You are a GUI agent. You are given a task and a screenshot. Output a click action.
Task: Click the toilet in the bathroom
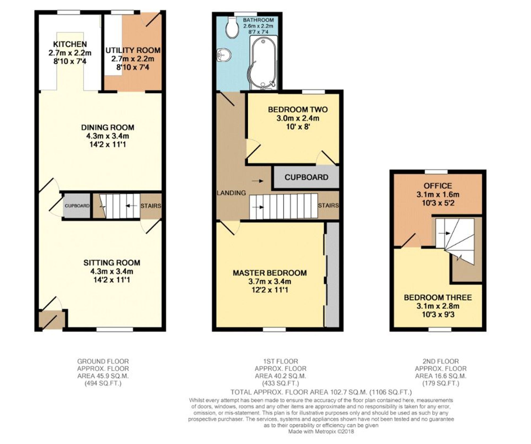coord(232,29)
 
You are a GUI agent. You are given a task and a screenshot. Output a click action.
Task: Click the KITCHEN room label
coord(70,44)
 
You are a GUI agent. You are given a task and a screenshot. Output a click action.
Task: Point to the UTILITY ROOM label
coord(133,50)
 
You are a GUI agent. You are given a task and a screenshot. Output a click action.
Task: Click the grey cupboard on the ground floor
coord(77,206)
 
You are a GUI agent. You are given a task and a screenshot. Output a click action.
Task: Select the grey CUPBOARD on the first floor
coord(306,177)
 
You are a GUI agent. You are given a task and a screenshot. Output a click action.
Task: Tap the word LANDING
coord(231,193)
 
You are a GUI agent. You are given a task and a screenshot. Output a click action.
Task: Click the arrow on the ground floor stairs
coord(130,206)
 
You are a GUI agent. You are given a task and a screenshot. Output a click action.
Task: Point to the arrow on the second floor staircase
coord(444,233)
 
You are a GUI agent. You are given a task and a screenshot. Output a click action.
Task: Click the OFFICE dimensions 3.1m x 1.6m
coord(438,194)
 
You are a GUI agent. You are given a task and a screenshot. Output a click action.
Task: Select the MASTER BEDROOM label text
coord(270,273)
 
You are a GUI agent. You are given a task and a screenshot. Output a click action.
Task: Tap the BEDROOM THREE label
coord(438,297)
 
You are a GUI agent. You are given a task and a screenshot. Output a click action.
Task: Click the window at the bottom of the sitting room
coord(114,330)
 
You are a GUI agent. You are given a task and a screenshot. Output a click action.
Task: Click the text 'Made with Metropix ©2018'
coord(321,432)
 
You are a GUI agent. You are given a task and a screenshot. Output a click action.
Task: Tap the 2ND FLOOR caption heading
coord(440,361)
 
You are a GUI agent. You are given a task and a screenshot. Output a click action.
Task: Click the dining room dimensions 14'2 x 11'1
coord(108,145)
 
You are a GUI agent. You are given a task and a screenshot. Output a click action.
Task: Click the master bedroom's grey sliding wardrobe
coord(332,275)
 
